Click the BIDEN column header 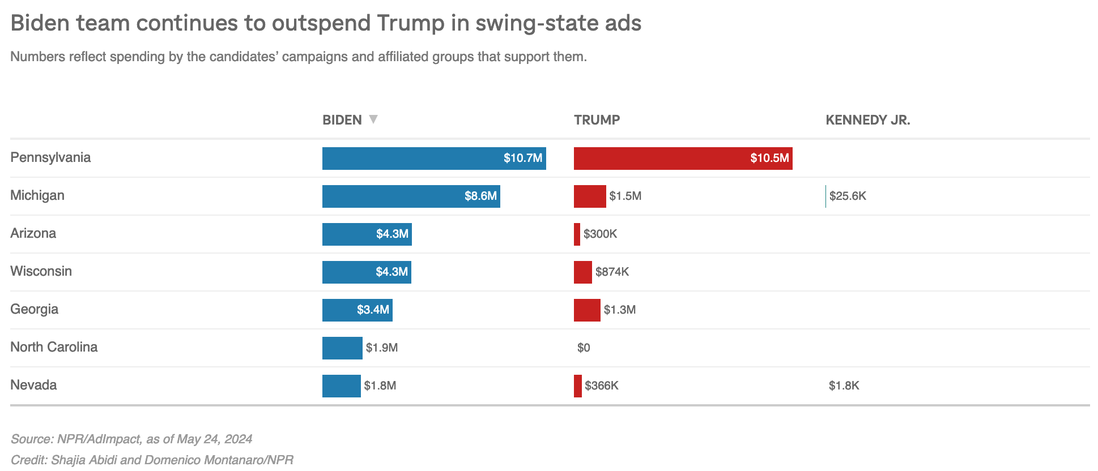pyautogui.click(x=342, y=120)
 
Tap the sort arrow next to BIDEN pyautogui.click(x=373, y=119)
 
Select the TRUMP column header pyautogui.click(x=597, y=120)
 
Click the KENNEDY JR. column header pyautogui.click(x=867, y=120)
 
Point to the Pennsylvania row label pyautogui.click(x=50, y=157)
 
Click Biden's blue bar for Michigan pyautogui.click(x=411, y=196)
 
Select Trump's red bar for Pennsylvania pyautogui.click(x=683, y=159)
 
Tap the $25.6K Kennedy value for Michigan pyautogui.click(x=848, y=196)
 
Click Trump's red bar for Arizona pyautogui.click(x=577, y=234)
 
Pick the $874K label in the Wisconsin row pyautogui.click(x=612, y=272)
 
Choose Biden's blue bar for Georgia pyautogui.click(x=357, y=310)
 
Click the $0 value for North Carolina pyautogui.click(x=584, y=348)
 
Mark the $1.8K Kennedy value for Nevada pyautogui.click(x=844, y=386)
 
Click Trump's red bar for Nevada pyautogui.click(x=577, y=386)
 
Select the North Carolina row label pyautogui.click(x=54, y=347)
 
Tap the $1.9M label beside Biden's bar pyautogui.click(x=381, y=348)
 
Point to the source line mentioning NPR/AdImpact pyautogui.click(x=131, y=439)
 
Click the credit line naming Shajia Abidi pyautogui.click(x=151, y=460)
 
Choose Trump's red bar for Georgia pyautogui.click(x=586, y=310)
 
